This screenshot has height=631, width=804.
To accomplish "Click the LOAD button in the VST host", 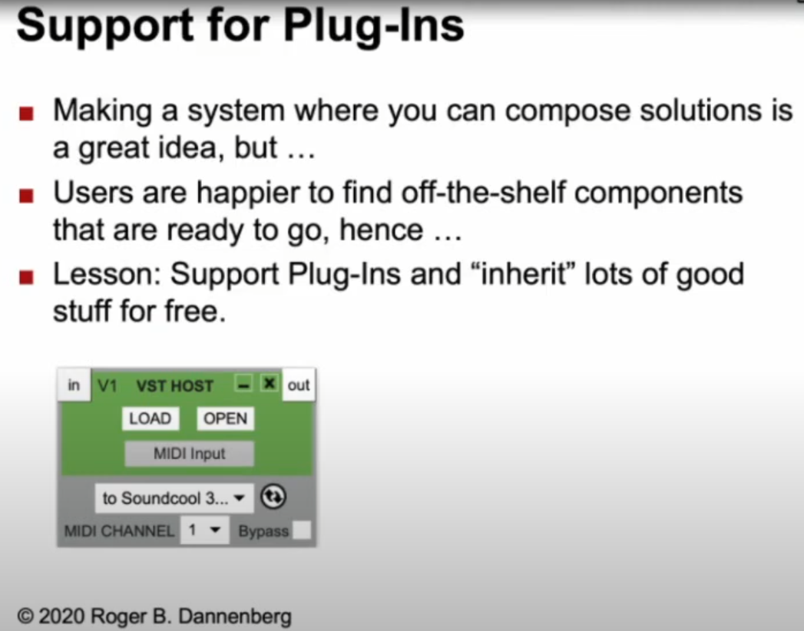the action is pos(151,419).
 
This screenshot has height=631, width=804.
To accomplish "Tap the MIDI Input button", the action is pos(189,454).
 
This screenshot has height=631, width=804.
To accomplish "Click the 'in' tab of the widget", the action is pos(74,385).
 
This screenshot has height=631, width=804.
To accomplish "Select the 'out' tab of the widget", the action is pos(299,385).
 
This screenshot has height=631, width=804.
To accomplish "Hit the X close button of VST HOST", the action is pos(270,383).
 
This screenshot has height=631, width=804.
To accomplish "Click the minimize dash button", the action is pos(243,383).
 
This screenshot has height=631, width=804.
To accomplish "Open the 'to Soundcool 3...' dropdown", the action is pos(174,498).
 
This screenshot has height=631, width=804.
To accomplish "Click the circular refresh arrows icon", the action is pos(273,497).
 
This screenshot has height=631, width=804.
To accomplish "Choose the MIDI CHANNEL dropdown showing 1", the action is pos(204,530).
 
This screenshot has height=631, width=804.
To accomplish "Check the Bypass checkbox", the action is pos(302,530).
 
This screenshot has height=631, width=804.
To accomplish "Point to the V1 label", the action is pos(108,385).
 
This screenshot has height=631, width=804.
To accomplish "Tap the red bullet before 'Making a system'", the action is pos(26,113).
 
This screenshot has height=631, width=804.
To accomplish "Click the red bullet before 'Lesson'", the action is pos(26,277).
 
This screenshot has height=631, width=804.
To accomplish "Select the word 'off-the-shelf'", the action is pos(483,193).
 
